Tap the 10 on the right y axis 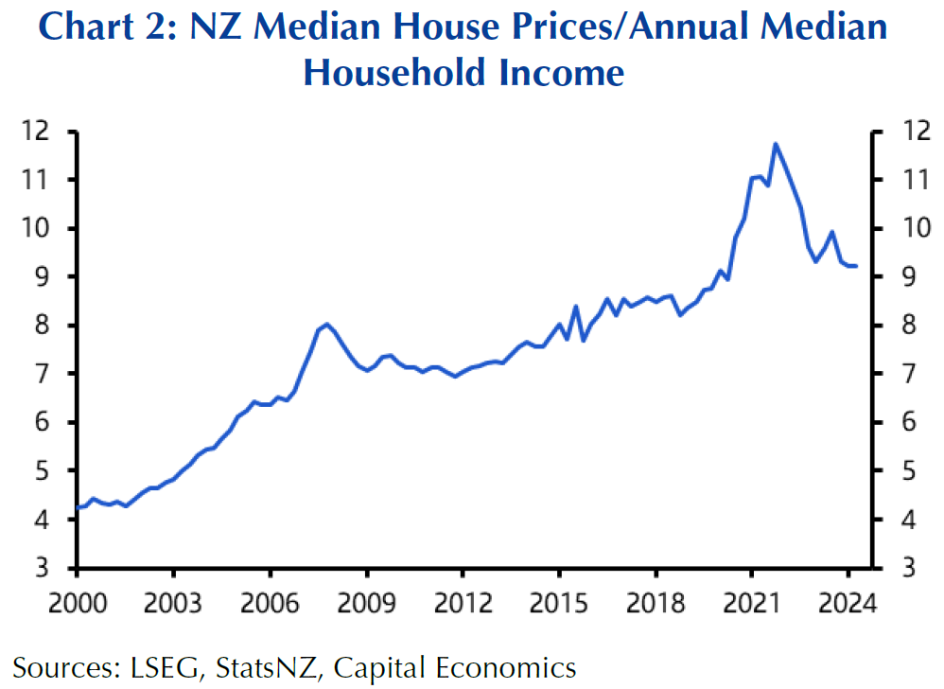pyautogui.click(x=901, y=228)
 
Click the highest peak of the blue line pyautogui.click(x=776, y=144)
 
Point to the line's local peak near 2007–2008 pyautogui.click(x=327, y=324)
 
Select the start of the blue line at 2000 pyautogui.click(x=77, y=508)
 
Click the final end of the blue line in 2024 pyautogui.click(x=855, y=266)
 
